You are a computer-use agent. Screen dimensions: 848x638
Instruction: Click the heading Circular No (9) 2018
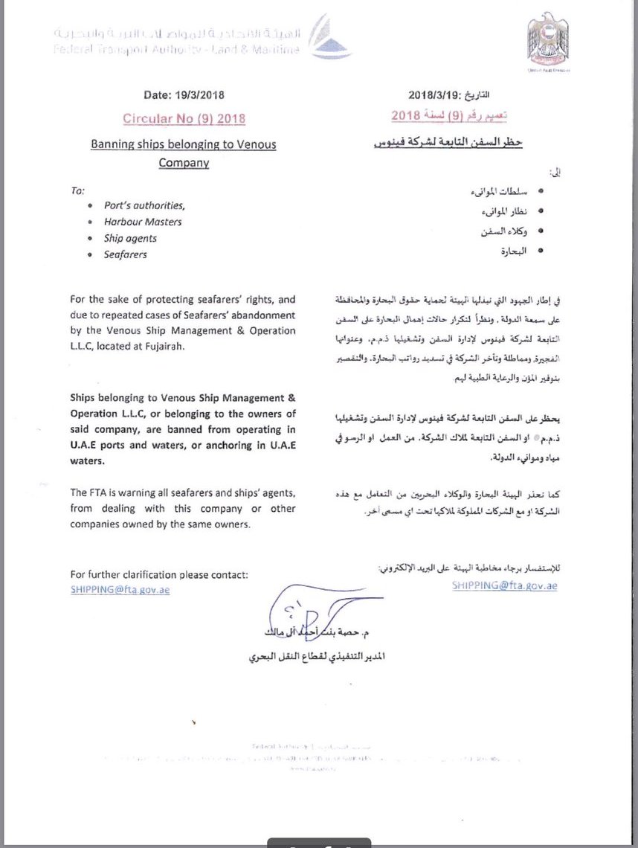(x=184, y=118)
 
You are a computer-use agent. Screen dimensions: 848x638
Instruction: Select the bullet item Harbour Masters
(x=143, y=222)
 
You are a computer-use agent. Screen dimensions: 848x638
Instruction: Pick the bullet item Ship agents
(x=130, y=238)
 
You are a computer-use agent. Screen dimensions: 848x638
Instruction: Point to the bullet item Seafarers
(x=126, y=254)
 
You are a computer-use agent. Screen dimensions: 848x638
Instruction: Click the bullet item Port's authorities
(x=144, y=205)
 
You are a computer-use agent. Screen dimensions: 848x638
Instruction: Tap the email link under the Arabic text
(x=504, y=585)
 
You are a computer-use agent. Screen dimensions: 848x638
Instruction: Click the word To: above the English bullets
(x=78, y=190)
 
